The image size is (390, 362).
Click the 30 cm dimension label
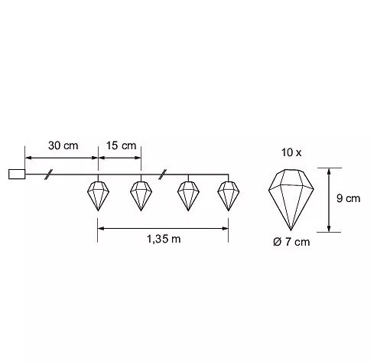63,145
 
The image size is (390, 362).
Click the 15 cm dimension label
121,145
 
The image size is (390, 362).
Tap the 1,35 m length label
164,240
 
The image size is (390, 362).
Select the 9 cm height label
348,198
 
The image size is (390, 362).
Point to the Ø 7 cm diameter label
291,242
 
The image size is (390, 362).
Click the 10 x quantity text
291,152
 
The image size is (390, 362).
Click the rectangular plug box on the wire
17,174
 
